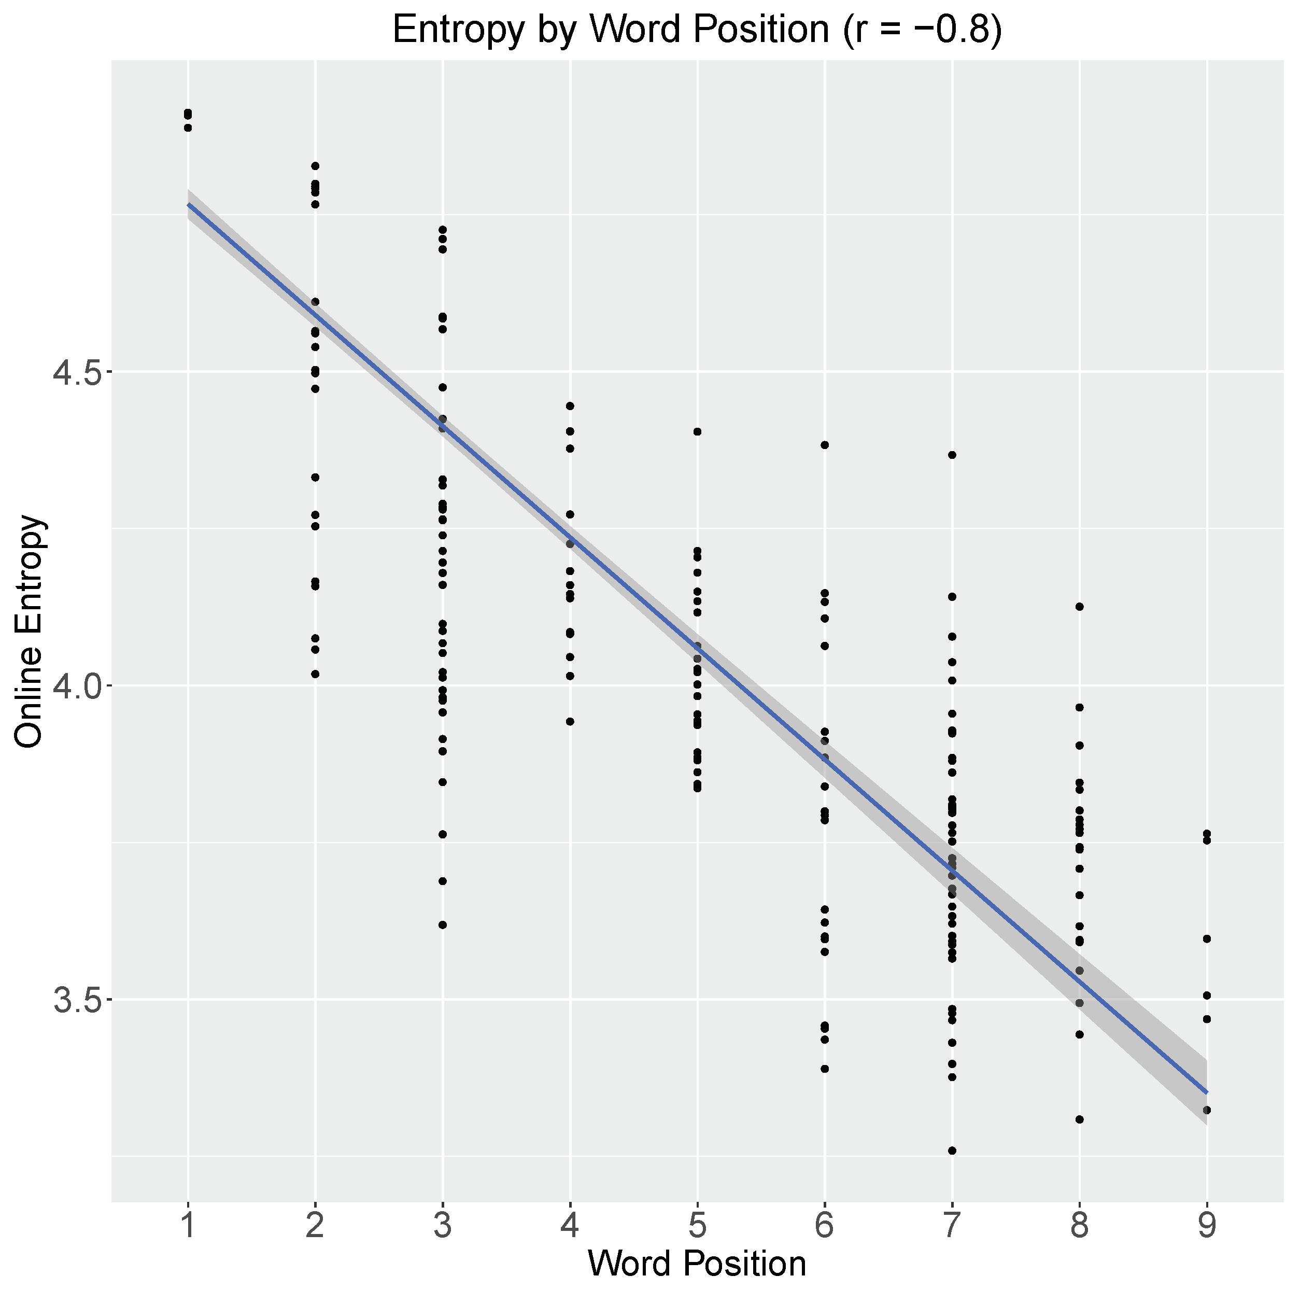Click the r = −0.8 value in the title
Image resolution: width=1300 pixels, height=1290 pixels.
(x=922, y=30)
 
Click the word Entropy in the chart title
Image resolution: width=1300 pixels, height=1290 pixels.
(x=458, y=30)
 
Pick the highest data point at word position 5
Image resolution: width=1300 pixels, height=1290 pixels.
(x=697, y=432)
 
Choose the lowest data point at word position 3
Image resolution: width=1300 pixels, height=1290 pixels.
(x=442, y=924)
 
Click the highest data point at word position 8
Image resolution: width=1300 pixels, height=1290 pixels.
(x=1079, y=606)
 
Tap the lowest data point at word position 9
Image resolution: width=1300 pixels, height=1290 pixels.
(x=1207, y=1110)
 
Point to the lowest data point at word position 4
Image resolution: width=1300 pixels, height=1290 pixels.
(x=570, y=721)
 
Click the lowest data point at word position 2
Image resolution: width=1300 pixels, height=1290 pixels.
(x=315, y=674)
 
